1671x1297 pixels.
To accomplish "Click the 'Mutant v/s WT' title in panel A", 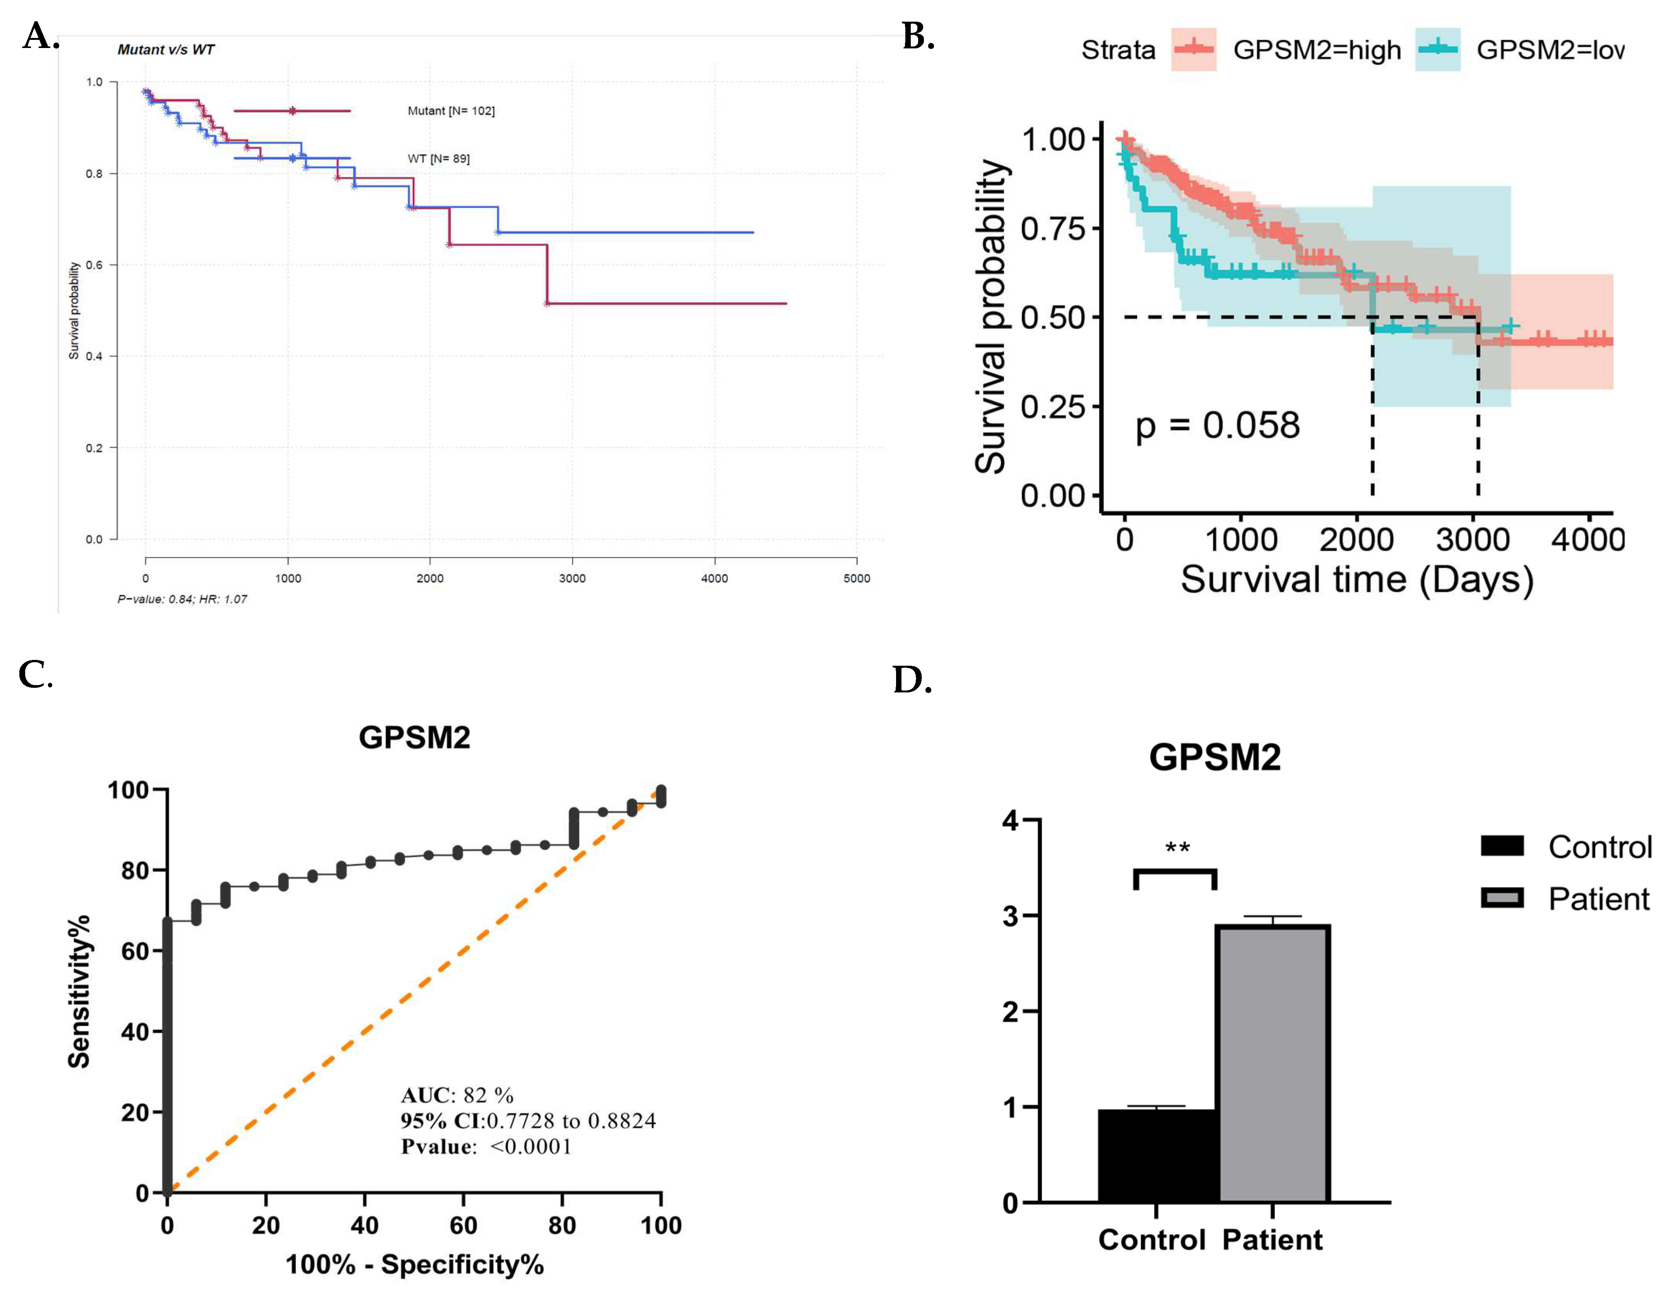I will [x=166, y=50].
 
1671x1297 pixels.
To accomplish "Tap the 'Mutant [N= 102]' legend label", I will [x=451, y=111].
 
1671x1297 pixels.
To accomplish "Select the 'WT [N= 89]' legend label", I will [x=438, y=158].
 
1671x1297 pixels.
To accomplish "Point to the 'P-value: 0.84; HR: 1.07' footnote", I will [x=182, y=599].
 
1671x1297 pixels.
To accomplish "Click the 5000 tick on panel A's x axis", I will [x=856, y=579].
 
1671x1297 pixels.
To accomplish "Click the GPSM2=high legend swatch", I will [x=1194, y=50].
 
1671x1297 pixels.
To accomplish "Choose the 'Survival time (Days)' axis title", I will [x=1356, y=579].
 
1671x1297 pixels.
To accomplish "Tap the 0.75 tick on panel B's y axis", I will [x=1053, y=228].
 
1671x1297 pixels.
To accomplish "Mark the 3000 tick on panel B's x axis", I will [x=1473, y=540].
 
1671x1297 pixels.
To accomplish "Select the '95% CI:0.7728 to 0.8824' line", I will [x=528, y=1121].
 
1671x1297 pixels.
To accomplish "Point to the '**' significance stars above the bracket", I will [x=1177, y=848].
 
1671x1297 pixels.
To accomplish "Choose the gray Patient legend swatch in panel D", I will [x=1502, y=898].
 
